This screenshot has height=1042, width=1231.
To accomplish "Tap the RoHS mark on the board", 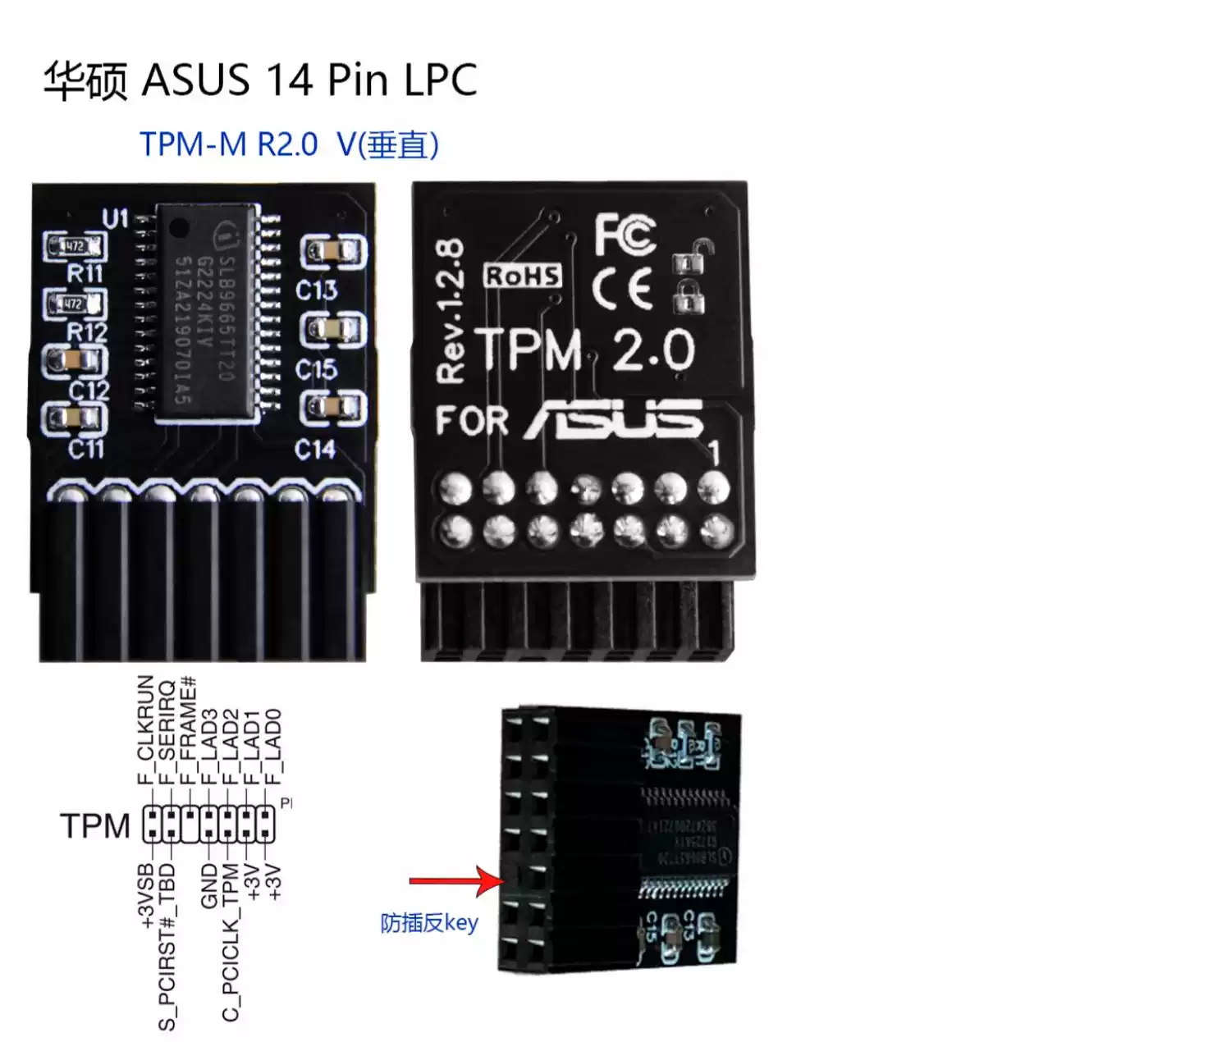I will pyautogui.click(x=523, y=276).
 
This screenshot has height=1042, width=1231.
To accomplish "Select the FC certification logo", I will pyautogui.click(x=625, y=235).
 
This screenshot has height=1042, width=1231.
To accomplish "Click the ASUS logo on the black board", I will pyautogui.click(x=615, y=419).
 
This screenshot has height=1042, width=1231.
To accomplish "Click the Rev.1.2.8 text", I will pyautogui.click(x=451, y=311).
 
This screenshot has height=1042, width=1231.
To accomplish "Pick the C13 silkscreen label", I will pyautogui.click(x=316, y=290).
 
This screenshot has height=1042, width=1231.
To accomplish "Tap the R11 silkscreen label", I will pyautogui.click(x=85, y=273).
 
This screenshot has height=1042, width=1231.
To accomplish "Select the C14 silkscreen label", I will pyautogui.click(x=315, y=450).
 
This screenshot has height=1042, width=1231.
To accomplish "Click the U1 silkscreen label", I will pyautogui.click(x=115, y=219).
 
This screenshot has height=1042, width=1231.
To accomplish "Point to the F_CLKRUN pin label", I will pyautogui.click(x=146, y=729).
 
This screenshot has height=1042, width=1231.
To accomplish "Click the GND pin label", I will pyautogui.click(x=209, y=885).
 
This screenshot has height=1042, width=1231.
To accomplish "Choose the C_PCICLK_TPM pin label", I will pyautogui.click(x=231, y=942).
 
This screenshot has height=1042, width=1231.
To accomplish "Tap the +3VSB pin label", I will pyautogui.click(x=146, y=895).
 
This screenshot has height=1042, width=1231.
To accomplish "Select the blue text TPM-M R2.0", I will pyautogui.click(x=228, y=144).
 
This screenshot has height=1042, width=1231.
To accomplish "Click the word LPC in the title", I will pyautogui.click(x=440, y=80).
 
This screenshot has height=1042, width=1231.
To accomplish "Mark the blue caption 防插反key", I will pyautogui.click(x=428, y=924).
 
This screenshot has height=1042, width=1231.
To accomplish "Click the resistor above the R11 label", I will pyautogui.click(x=76, y=246).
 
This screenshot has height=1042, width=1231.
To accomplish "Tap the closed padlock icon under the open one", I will pyautogui.click(x=689, y=297).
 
